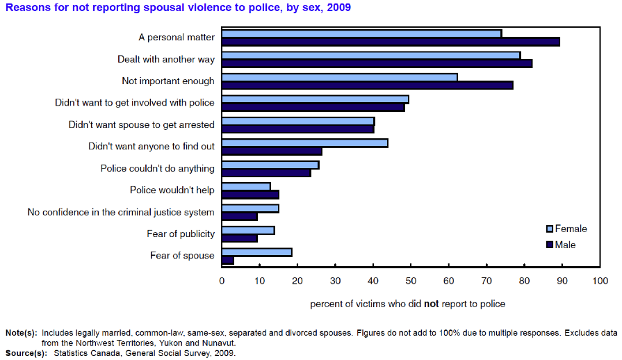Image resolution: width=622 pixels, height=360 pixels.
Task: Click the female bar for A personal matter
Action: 361,33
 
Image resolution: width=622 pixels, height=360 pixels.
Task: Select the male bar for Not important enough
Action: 367,85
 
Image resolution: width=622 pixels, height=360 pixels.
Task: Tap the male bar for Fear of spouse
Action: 228,261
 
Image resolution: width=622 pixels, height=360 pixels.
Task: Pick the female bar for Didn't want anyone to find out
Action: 304,142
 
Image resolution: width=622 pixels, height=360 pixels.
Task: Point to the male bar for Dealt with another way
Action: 377,63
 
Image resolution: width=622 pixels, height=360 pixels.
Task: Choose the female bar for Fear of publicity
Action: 248,230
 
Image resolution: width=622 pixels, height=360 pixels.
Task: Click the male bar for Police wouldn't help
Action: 250,195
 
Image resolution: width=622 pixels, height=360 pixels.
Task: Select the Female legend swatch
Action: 549,229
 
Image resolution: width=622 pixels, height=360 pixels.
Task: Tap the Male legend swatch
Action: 549,245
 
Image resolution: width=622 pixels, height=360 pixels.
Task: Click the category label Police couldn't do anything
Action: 157,169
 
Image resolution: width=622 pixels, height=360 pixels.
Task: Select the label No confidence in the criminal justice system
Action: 121,212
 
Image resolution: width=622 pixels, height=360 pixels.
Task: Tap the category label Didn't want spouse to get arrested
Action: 141,125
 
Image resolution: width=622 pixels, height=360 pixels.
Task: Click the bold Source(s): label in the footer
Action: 26,353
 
